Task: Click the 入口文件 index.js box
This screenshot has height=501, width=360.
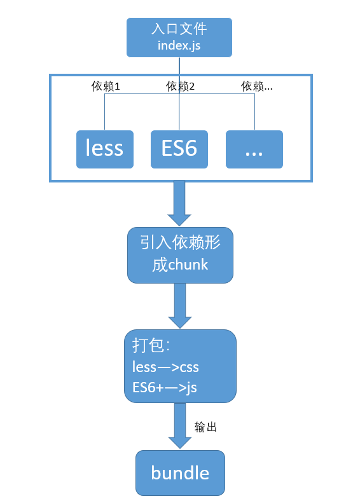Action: tap(179, 37)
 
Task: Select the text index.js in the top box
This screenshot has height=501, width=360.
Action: tap(179, 46)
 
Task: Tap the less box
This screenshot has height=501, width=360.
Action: tap(105, 149)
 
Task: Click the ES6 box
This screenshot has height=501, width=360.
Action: tap(179, 149)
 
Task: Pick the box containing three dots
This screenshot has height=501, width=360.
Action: tap(254, 149)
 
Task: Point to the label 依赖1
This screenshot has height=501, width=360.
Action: tap(106, 86)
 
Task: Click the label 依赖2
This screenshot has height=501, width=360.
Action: tap(180, 86)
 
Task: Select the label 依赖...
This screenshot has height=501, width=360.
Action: tap(257, 86)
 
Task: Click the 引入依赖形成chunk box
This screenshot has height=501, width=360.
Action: tap(180, 255)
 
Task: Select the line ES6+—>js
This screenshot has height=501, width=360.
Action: tap(164, 387)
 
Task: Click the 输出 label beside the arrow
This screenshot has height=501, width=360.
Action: tap(205, 427)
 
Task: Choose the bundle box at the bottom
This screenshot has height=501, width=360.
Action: tap(180, 473)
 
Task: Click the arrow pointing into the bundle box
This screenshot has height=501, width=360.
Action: tap(180, 426)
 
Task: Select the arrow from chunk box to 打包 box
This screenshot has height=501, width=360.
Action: tap(180, 305)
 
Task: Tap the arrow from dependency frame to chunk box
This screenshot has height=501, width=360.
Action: tap(180, 202)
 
